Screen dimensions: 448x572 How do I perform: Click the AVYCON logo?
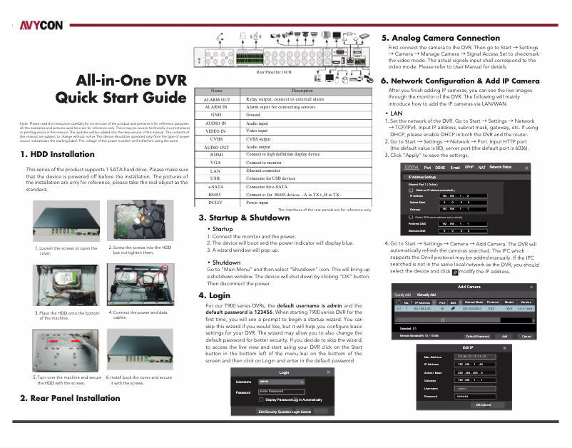[40, 25]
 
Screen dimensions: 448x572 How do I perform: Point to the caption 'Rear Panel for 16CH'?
[274, 71]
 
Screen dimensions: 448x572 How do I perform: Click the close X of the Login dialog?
[327, 372]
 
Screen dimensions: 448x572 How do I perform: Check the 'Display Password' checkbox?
[261, 400]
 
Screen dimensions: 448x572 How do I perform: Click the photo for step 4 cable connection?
[140, 285]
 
